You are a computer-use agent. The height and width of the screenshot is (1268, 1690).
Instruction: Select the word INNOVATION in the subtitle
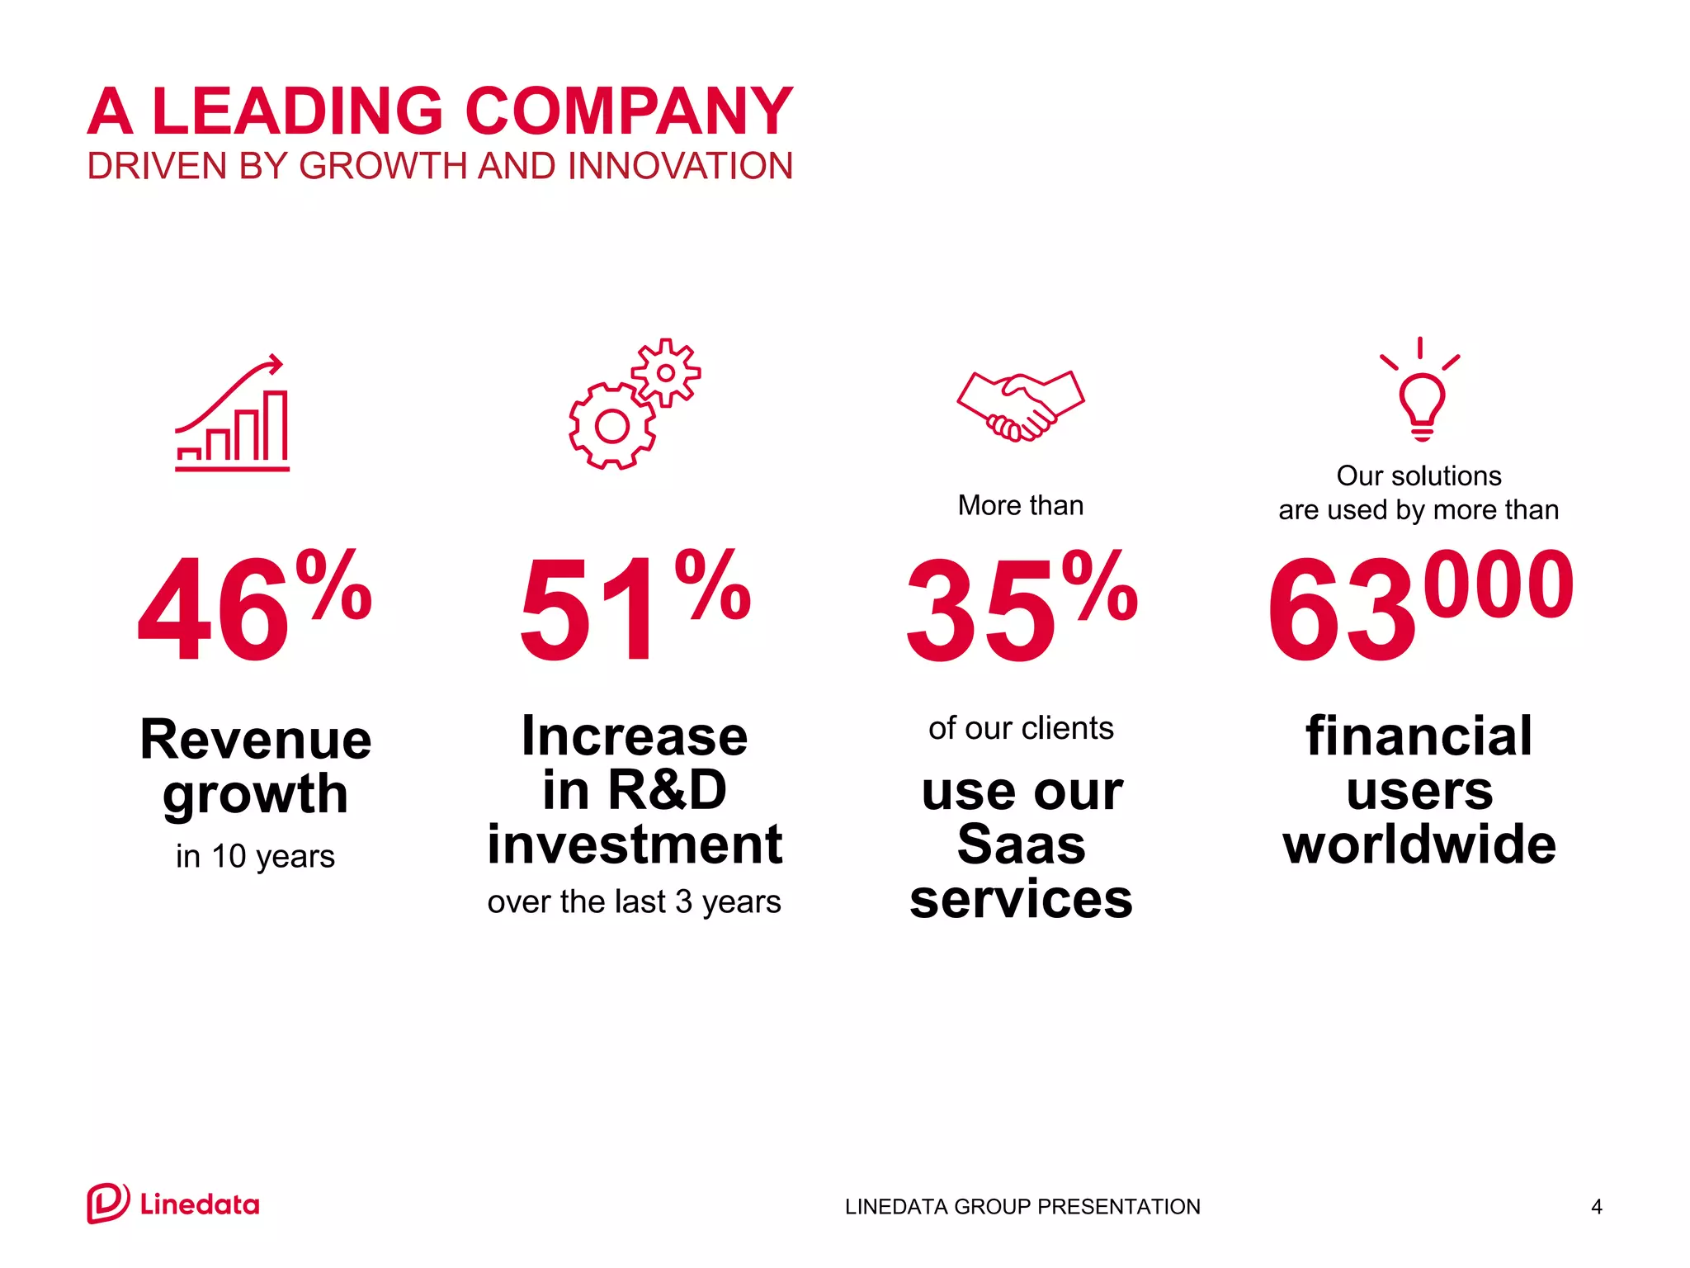point(680,166)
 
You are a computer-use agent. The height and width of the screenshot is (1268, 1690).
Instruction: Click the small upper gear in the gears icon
point(665,373)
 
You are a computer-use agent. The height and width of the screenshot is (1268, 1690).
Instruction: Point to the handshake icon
point(1021,405)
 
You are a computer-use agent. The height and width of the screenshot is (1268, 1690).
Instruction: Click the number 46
point(213,611)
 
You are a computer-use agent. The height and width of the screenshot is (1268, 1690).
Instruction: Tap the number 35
point(980,611)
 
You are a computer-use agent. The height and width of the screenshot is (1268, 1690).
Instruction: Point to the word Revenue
point(255,739)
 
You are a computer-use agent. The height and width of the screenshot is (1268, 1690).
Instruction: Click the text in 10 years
point(255,857)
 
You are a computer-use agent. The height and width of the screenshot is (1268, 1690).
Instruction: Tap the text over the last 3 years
point(634,902)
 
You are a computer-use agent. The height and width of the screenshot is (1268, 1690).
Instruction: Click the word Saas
point(1021,845)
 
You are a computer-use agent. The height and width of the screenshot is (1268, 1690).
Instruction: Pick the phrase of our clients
point(1021,729)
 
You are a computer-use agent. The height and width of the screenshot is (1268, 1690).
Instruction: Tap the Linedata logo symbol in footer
point(107,1204)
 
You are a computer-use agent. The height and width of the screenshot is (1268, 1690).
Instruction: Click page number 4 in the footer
point(1596,1207)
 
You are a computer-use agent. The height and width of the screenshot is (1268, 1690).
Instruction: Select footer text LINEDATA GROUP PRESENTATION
point(1022,1207)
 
